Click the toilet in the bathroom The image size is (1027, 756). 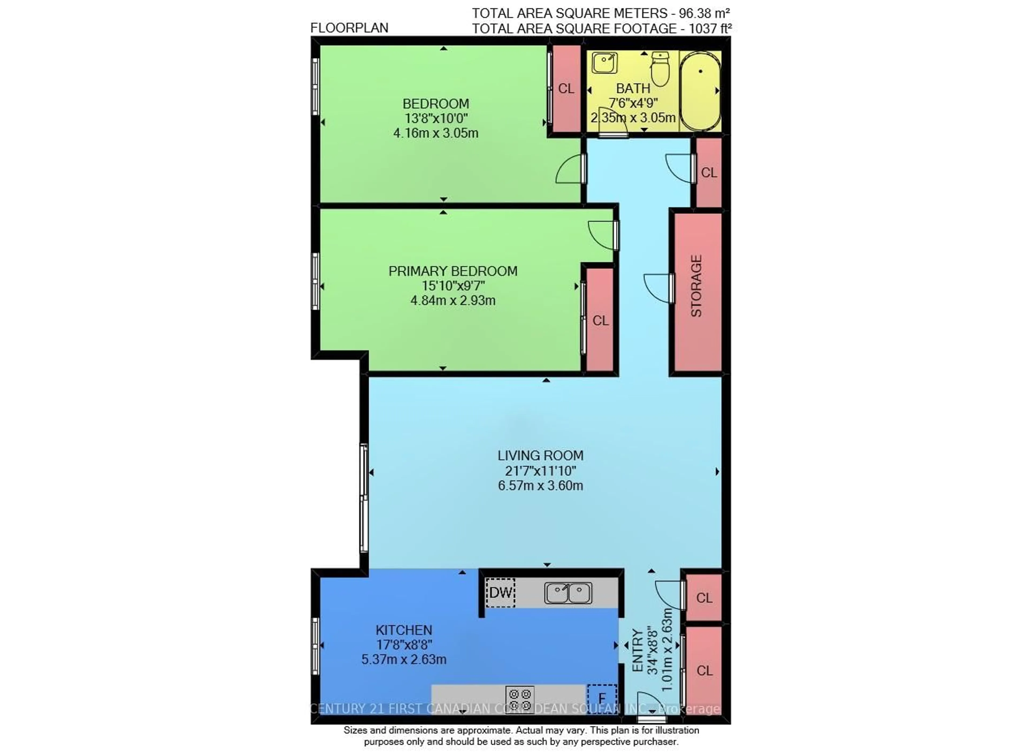(660, 70)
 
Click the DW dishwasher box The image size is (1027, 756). (500, 593)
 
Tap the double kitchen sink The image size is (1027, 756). (568, 593)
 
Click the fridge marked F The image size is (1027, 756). (602, 698)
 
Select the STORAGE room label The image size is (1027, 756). (696, 286)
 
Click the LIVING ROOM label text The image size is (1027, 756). (541, 456)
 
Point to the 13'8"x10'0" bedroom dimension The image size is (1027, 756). (436, 118)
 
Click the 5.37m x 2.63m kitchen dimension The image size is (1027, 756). (404, 659)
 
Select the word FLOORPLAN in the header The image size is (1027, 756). (349, 28)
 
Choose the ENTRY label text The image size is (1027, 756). (637, 650)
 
